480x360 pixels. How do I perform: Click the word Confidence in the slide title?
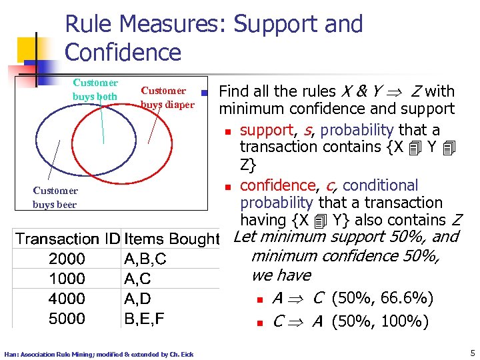(x=123, y=52)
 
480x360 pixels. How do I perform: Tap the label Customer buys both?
(x=95, y=90)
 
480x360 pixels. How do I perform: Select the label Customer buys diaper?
(x=167, y=97)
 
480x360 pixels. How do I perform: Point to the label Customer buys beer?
(x=55, y=198)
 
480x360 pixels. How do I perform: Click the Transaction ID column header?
(x=68, y=239)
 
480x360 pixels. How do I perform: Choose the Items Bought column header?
(x=172, y=239)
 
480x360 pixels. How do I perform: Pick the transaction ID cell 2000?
(x=67, y=259)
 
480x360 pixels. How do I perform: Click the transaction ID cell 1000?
(x=67, y=279)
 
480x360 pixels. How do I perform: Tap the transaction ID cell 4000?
(x=67, y=299)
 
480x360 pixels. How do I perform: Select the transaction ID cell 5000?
(x=67, y=319)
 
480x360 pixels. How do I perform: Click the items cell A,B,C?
(x=145, y=259)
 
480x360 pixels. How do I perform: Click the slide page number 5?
(x=471, y=353)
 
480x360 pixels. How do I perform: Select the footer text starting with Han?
(x=99, y=354)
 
